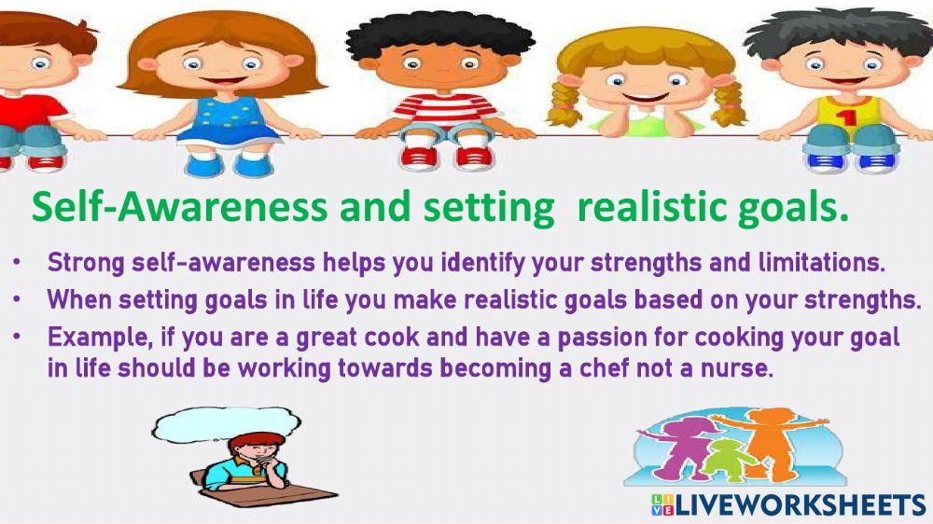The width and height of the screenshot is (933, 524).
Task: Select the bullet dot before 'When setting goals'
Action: [x=18, y=300]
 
